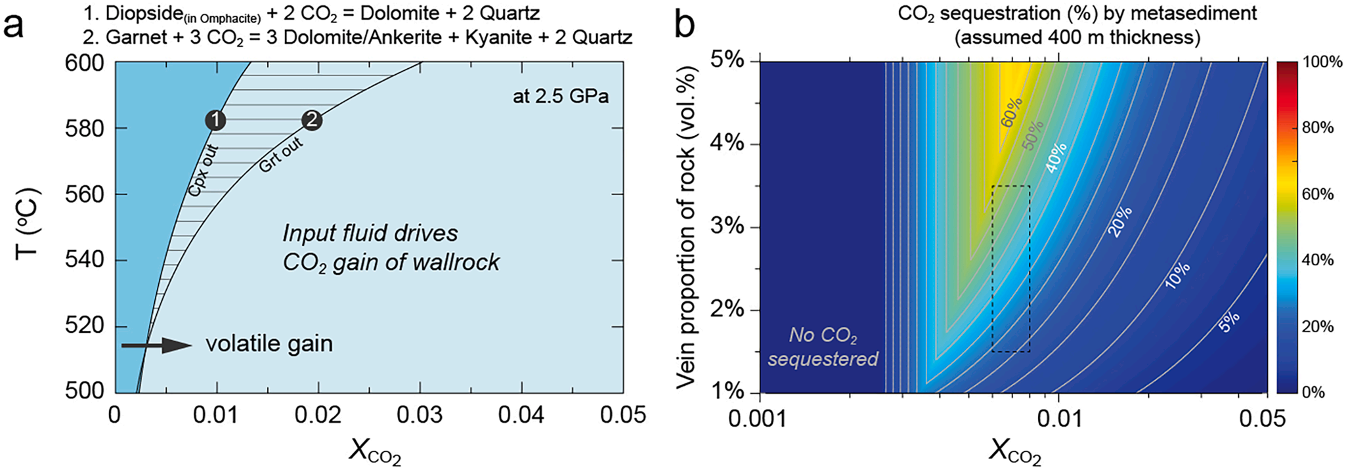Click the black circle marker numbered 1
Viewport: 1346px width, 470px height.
click(215, 120)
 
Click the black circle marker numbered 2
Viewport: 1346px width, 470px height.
click(312, 120)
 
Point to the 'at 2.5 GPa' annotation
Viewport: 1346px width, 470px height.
click(560, 96)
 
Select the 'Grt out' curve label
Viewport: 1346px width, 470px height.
click(280, 155)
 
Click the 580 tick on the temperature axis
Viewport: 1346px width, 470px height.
click(85, 129)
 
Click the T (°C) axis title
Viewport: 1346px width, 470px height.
click(28, 223)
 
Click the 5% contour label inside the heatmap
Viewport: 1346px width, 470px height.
click(1229, 321)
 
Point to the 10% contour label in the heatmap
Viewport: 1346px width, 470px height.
click(1177, 275)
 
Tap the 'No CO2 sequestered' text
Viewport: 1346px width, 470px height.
click(823, 347)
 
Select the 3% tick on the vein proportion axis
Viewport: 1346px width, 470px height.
click(727, 227)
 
